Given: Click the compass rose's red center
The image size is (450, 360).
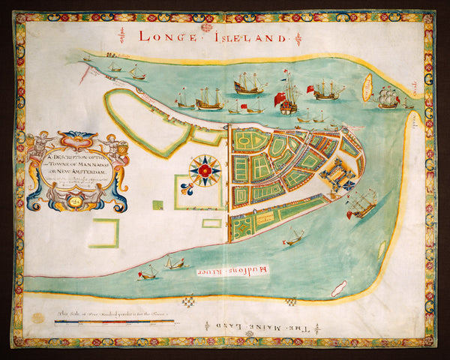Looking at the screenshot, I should [204, 170].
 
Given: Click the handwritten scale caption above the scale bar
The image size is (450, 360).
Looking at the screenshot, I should [112, 314].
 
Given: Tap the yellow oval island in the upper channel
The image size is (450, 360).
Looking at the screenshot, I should [367, 87].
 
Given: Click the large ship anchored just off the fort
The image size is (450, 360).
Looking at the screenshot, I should [363, 202].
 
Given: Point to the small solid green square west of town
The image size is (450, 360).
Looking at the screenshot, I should [157, 205].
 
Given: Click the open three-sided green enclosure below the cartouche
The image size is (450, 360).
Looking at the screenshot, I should [106, 232].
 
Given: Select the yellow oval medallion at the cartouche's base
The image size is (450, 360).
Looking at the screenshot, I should [74, 199].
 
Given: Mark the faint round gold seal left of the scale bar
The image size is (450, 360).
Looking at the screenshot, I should [37, 318].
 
